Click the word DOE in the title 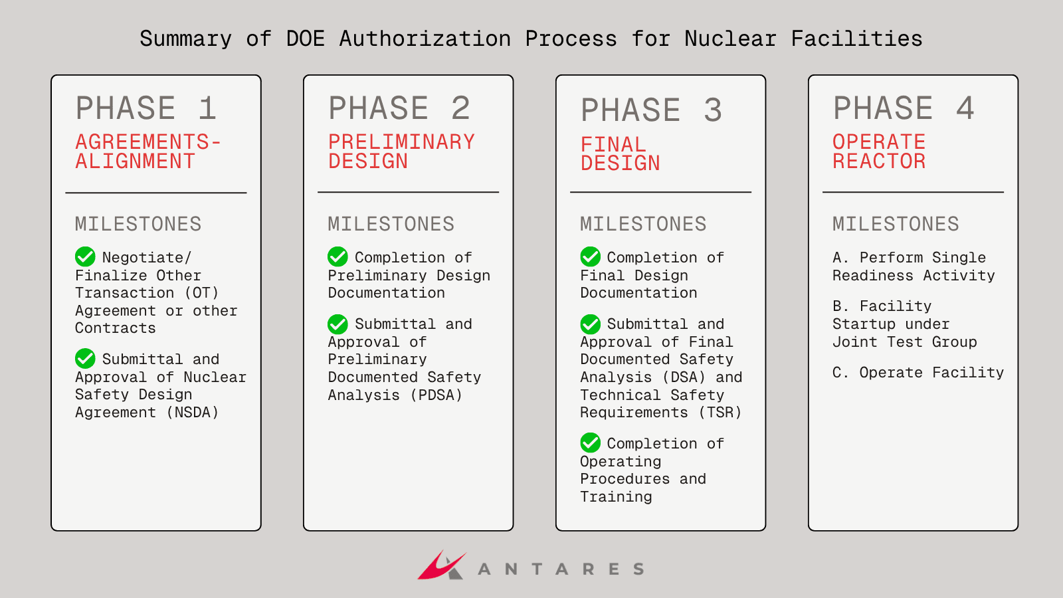click(305, 39)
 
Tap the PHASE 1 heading click(145, 108)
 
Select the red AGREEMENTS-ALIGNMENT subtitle click(148, 151)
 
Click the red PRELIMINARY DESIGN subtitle click(401, 151)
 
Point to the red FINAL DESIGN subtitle click(620, 153)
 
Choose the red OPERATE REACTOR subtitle click(879, 151)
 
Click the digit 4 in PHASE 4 click(965, 108)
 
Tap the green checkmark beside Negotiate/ click(85, 256)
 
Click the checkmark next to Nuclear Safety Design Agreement click(85, 358)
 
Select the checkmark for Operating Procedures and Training click(590, 443)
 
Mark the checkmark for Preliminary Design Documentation click(338, 256)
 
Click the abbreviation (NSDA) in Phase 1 click(192, 412)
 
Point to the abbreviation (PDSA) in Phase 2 click(436, 395)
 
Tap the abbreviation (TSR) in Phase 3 click(720, 412)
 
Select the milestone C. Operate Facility click(918, 373)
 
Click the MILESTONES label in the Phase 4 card click(896, 223)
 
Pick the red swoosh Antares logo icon click(441, 565)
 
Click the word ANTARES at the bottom click(561, 569)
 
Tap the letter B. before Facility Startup click(840, 306)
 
